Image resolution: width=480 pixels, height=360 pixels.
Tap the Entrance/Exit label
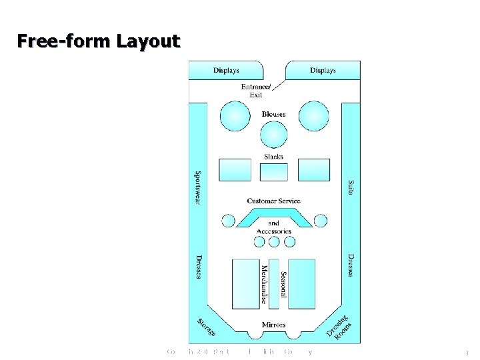click(256, 91)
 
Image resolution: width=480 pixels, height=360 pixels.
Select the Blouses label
click(273, 114)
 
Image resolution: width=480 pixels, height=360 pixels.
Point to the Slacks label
click(273, 157)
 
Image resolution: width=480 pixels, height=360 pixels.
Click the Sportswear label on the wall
click(197, 187)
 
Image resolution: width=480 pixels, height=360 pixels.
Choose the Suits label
click(351, 187)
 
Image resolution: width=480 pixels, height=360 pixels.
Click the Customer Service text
click(273, 201)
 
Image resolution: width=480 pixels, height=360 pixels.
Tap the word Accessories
click(274, 231)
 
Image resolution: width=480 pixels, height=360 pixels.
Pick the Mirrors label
click(273, 325)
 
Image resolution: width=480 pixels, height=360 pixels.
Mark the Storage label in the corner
click(207, 327)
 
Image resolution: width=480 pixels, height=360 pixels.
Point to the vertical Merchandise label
click(265, 284)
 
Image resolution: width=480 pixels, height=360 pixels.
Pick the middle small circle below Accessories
click(273, 242)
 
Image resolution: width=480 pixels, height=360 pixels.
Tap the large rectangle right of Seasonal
click(301, 283)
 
